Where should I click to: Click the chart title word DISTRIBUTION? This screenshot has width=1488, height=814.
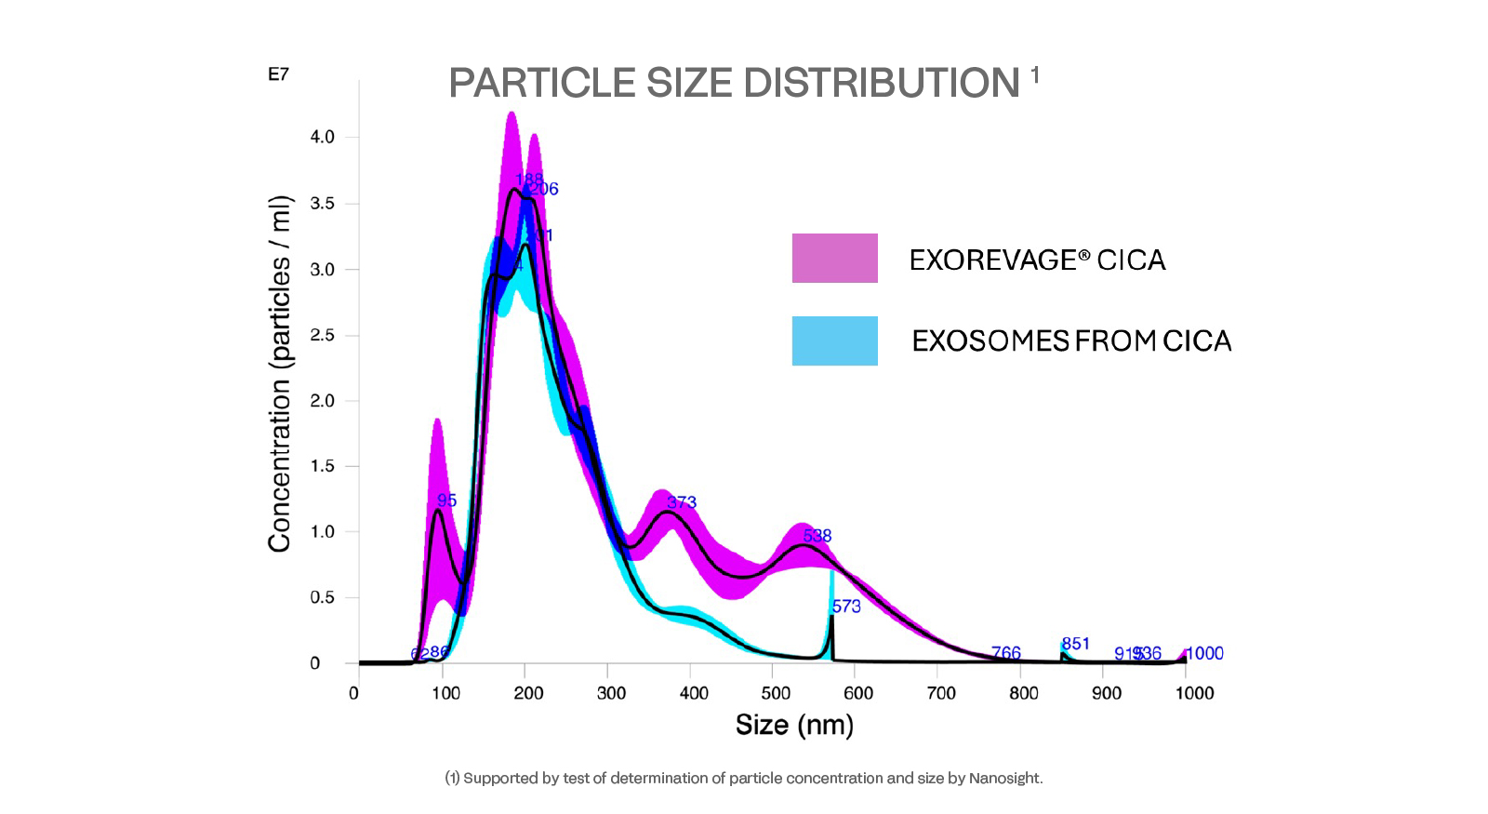(x=881, y=84)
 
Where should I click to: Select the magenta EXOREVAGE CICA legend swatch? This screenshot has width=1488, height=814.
(x=834, y=258)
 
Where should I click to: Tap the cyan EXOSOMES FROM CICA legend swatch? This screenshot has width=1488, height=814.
(x=834, y=340)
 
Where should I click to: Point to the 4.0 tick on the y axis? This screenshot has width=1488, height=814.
(x=322, y=137)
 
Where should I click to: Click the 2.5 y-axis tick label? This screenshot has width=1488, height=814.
(x=322, y=335)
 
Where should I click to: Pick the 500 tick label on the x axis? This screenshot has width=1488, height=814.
(x=776, y=693)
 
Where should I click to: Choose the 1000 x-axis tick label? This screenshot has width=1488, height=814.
(x=1194, y=693)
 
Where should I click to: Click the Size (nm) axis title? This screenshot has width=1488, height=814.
(x=794, y=725)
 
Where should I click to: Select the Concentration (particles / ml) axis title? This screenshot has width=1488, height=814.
(x=280, y=374)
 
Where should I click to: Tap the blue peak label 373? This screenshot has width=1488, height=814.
(x=682, y=502)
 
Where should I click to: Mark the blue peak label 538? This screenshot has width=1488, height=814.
(x=817, y=536)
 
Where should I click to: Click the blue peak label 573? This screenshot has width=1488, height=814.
(x=846, y=607)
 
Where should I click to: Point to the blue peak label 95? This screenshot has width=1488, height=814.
(x=447, y=500)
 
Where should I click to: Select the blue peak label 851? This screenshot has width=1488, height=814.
(x=1076, y=644)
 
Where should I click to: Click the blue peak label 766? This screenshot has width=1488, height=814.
(x=1006, y=653)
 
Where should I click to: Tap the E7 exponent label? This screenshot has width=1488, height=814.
(x=278, y=74)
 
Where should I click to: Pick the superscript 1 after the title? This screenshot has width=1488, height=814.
(x=1035, y=73)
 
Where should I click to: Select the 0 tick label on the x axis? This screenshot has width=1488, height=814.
(x=353, y=693)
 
